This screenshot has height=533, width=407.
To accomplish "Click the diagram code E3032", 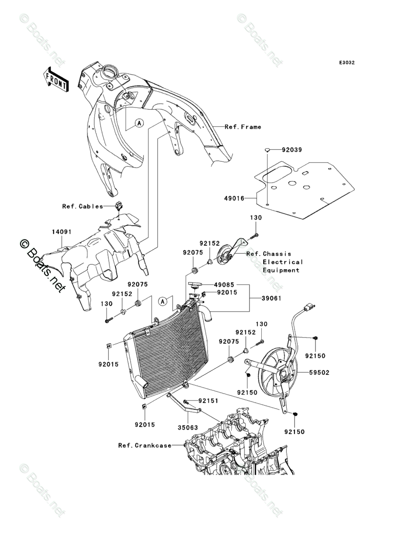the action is (x=346, y=62).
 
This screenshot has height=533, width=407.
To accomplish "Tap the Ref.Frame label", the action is (x=243, y=127).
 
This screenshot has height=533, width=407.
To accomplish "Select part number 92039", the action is (x=291, y=149).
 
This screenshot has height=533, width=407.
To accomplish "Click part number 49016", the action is (x=234, y=198).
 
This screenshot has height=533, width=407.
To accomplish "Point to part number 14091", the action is (x=61, y=232).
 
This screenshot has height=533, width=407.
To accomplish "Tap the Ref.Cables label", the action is (x=82, y=206).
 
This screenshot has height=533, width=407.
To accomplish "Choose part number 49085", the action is (x=224, y=285).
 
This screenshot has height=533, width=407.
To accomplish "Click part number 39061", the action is (x=271, y=298).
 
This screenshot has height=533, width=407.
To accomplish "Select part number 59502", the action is (x=319, y=373).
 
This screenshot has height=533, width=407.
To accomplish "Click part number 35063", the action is (x=188, y=428).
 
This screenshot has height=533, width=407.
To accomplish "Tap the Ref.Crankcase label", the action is (x=145, y=445).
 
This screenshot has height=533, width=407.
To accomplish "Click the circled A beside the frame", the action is (x=139, y=123).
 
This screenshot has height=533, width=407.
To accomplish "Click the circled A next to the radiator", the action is (x=163, y=301).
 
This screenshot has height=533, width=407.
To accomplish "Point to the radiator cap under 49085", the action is (x=195, y=283).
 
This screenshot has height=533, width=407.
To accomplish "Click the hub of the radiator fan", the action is (x=283, y=375).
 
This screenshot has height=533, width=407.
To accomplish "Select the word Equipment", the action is (x=281, y=270).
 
